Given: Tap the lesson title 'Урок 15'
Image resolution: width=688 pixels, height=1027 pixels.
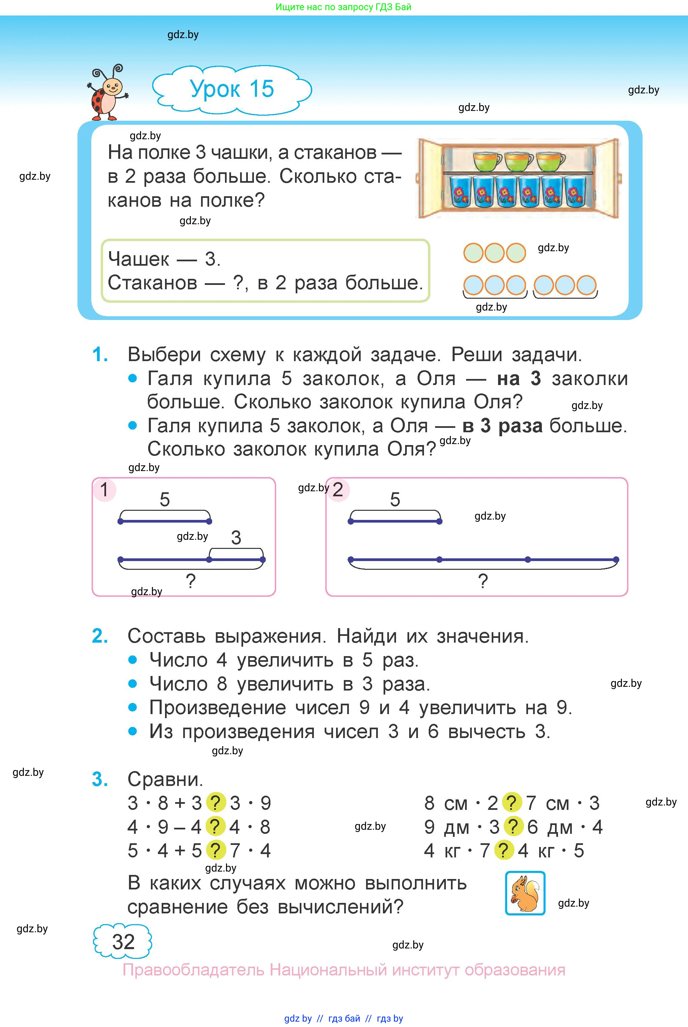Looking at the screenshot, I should [x=232, y=89].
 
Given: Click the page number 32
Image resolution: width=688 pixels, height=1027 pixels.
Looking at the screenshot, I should [x=123, y=942].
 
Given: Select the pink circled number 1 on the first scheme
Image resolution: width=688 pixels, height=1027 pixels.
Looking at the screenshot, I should [x=104, y=490].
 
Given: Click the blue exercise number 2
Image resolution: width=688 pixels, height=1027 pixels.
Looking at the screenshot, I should [x=100, y=636].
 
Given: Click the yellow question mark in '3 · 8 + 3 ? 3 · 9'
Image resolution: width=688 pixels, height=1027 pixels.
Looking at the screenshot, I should [x=215, y=803].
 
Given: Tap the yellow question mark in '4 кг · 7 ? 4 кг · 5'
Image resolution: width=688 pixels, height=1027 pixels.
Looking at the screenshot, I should [x=504, y=850].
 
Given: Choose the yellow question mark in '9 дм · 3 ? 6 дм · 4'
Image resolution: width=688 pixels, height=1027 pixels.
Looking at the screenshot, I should [x=513, y=827].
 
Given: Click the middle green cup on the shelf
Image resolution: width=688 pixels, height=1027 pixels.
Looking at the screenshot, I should [x=519, y=161].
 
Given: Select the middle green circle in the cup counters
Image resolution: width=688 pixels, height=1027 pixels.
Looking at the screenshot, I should [x=494, y=253].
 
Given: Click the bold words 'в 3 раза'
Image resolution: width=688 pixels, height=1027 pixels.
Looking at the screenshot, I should [x=502, y=426].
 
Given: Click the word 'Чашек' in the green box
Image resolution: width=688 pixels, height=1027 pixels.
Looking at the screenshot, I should [x=138, y=259].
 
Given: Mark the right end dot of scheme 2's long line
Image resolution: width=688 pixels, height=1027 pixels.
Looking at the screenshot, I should [x=616, y=560].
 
